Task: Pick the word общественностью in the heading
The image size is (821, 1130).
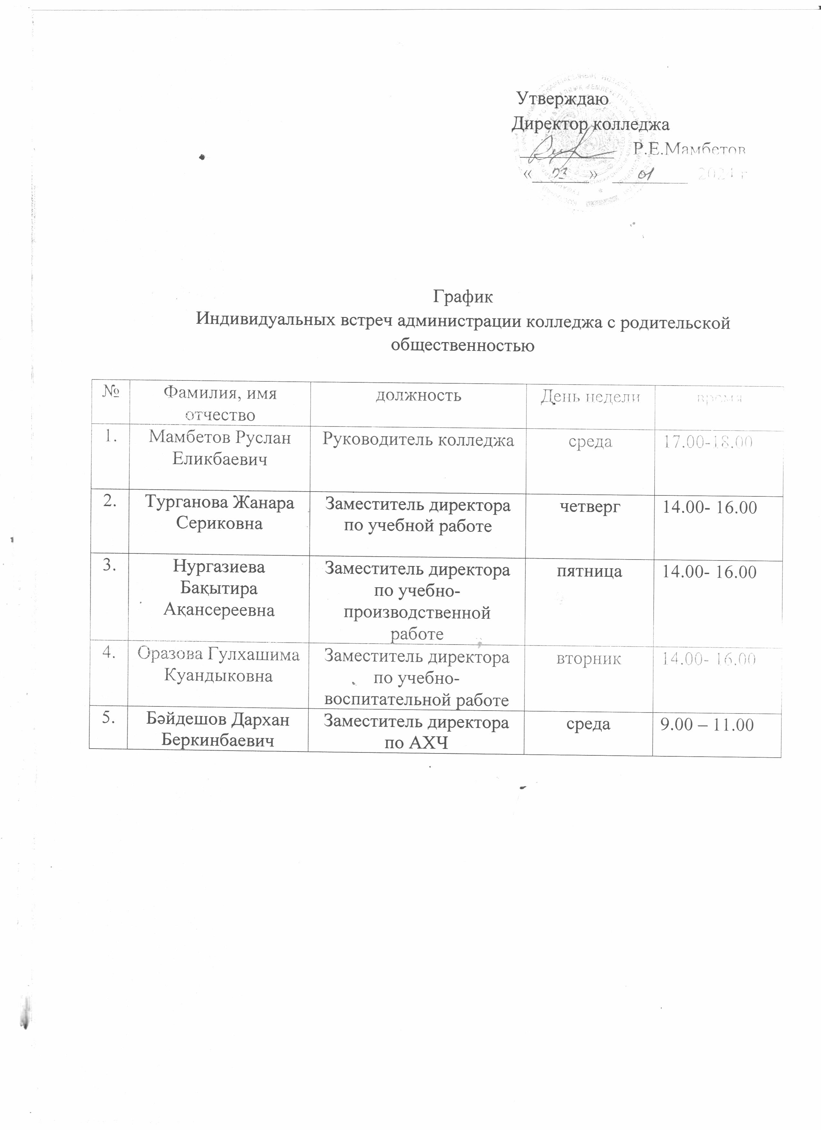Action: pyautogui.click(x=463, y=345)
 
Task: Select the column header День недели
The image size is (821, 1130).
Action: pyautogui.click(x=590, y=397)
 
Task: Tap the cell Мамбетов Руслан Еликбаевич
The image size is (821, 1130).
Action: pyautogui.click(x=220, y=448)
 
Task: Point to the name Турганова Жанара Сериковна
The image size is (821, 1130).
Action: pyautogui.click(x=220, y=513)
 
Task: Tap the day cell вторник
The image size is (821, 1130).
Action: pyautogui.click(x=589, y=659)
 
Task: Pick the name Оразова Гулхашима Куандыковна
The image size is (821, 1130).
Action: pyautogui.click(x=219, y=665)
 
